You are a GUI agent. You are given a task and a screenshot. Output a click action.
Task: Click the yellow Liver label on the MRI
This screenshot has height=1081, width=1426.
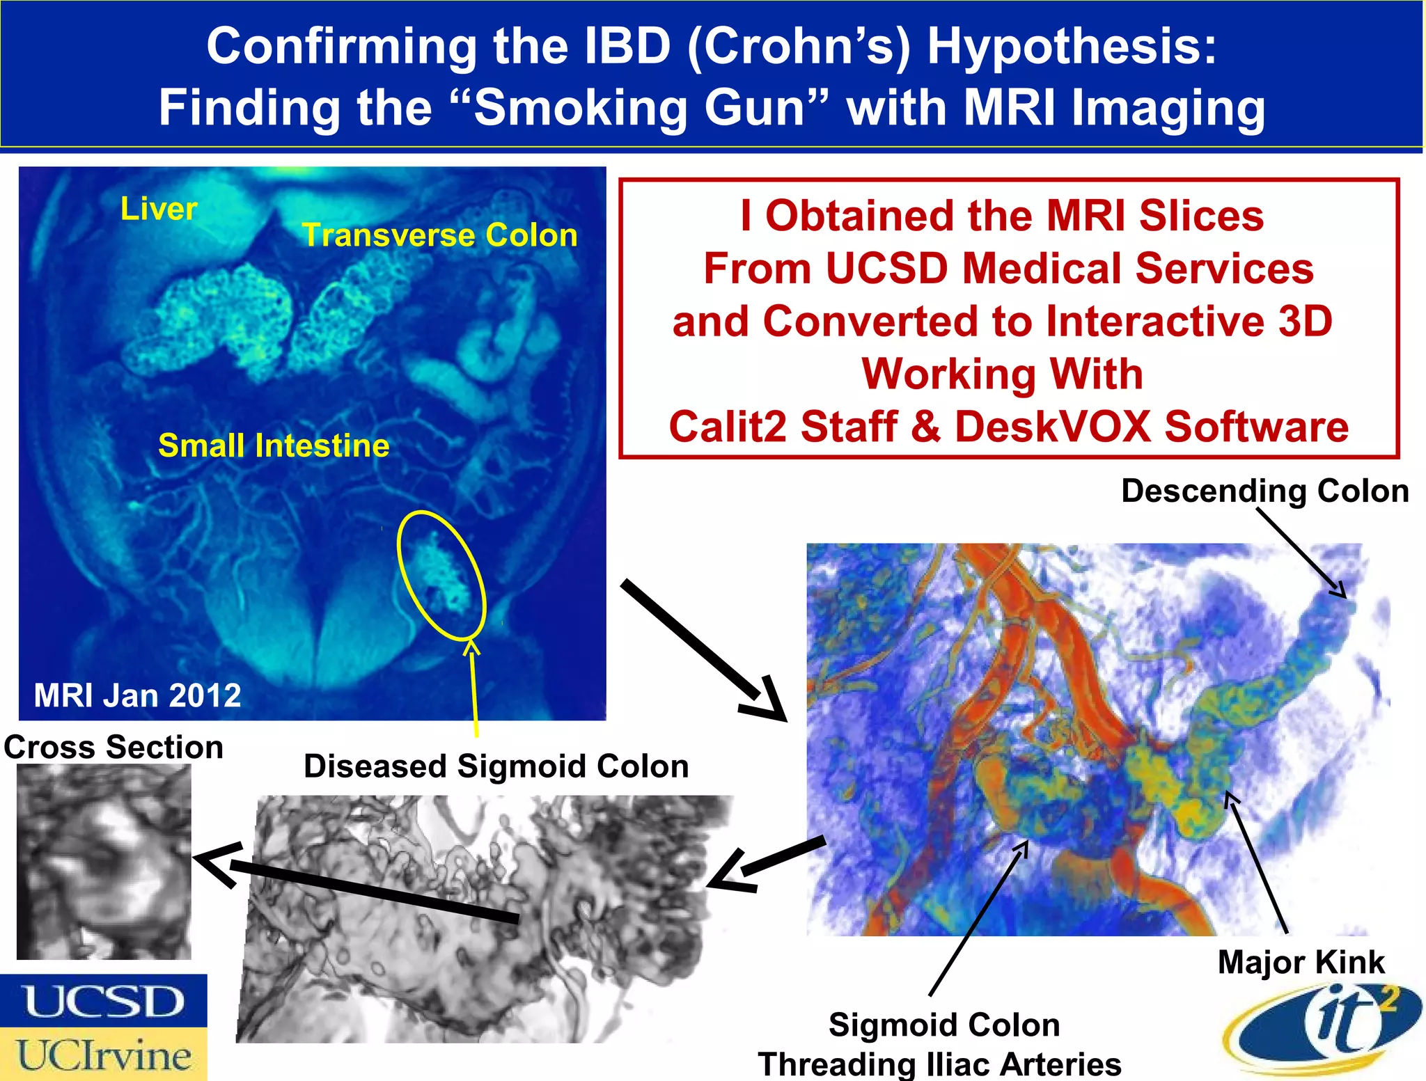point(159,209)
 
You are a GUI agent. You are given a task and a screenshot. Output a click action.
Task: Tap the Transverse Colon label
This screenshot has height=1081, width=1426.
point(439,235)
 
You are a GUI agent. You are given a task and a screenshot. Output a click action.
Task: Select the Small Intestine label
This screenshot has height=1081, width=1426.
point(274,445)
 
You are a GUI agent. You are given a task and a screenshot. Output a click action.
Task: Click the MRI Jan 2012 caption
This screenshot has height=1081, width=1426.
point(137,695)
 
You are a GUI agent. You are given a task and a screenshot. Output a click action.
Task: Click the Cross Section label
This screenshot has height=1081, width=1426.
point(113,747)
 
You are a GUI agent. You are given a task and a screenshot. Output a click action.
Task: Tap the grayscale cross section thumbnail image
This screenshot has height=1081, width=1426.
point(104,862)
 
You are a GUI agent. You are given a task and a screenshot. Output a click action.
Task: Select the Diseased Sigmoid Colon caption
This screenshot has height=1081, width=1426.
point(496,766)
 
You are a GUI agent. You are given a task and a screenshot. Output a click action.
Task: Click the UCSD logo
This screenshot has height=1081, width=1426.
point(103,1001)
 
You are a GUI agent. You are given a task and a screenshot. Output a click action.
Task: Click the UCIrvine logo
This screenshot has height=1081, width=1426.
point(103,1055)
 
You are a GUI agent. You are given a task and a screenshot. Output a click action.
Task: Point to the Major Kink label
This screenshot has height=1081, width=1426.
point(1301,962)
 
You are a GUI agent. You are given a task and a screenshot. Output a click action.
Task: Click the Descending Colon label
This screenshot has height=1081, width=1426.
point(1264,491)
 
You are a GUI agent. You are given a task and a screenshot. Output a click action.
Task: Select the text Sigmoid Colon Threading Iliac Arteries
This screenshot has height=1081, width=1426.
point(940,1044)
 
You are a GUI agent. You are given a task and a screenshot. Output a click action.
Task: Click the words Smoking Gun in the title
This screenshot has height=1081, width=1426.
point(639,108)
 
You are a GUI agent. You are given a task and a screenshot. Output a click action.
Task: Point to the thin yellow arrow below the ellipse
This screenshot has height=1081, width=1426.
point(474,689)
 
